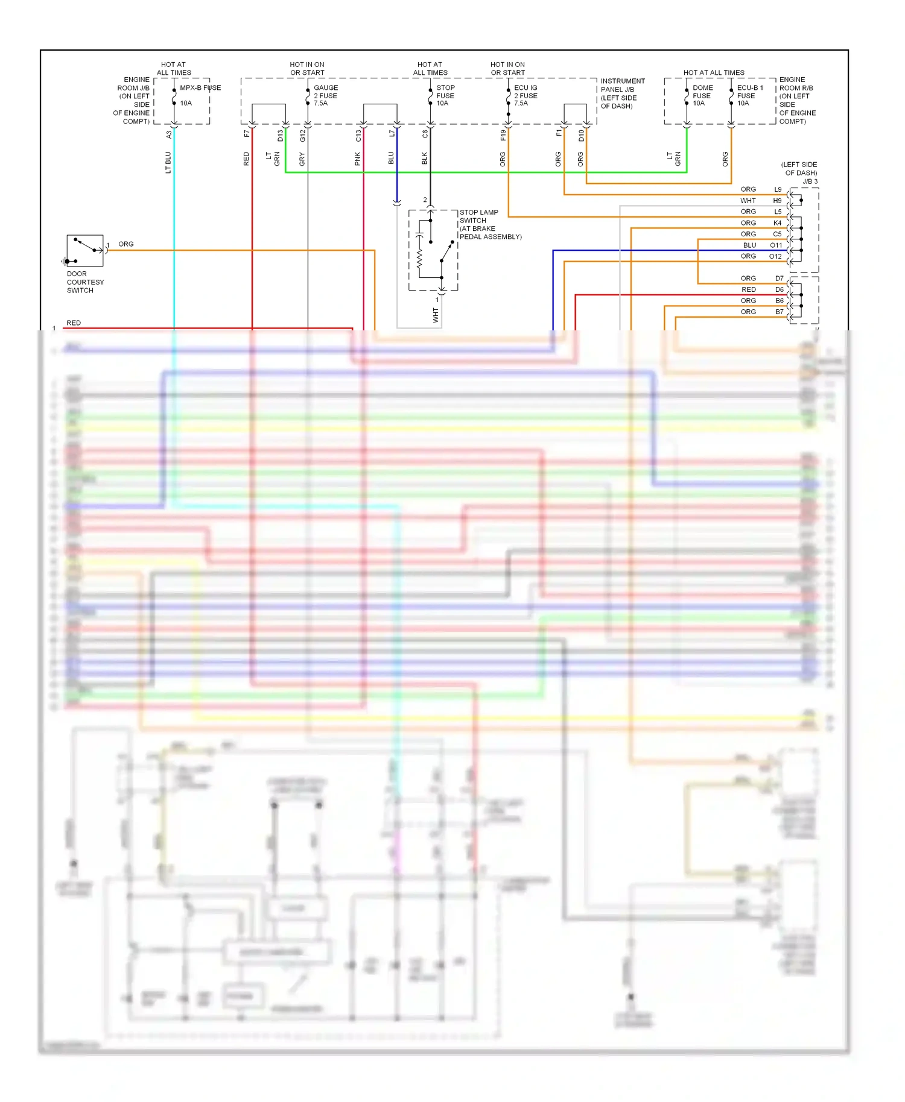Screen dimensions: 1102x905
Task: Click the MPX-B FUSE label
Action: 200,88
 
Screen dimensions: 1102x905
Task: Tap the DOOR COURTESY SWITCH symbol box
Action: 84,251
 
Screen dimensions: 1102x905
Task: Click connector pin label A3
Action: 169,135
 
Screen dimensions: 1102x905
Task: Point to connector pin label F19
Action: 503,135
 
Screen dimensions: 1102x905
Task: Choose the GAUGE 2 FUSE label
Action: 325,95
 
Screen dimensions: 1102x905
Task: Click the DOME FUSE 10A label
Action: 702,95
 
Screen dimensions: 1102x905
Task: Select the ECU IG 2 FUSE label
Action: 525,95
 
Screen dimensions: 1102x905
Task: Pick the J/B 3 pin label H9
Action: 777,201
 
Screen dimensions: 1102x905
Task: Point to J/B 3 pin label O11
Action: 776,245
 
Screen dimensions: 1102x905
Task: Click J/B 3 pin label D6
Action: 779,290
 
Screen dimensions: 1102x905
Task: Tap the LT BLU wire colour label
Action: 168,162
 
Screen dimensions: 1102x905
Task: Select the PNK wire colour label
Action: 358,159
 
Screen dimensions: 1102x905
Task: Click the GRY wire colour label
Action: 302,159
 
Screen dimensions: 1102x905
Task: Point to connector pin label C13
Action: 358,136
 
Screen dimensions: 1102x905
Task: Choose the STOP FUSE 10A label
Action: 445,95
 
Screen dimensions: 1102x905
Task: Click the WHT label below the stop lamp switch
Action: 436,315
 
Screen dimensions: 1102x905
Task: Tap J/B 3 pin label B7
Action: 779,312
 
